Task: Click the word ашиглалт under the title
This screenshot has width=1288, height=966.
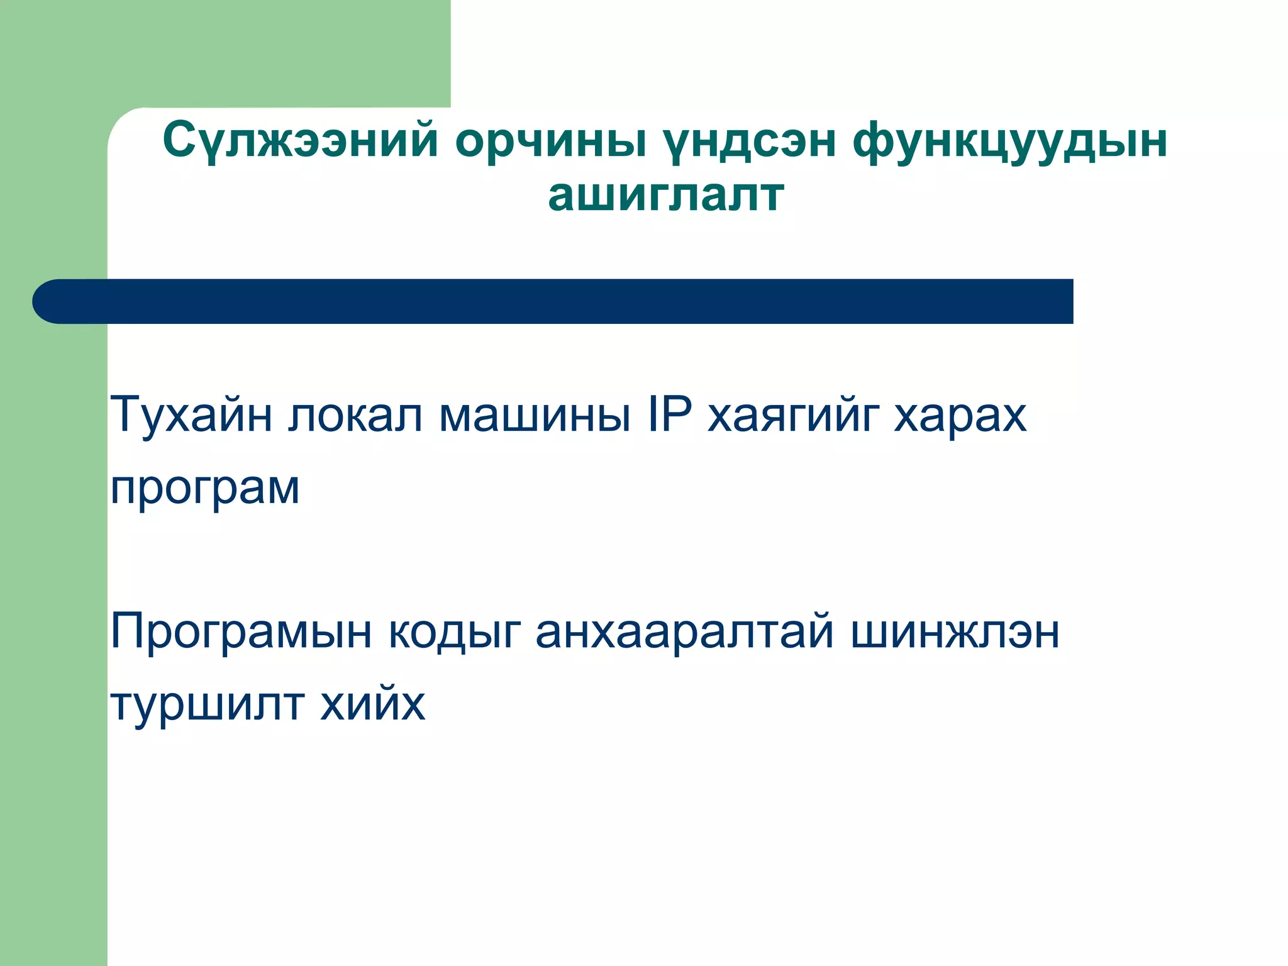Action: (666, 195)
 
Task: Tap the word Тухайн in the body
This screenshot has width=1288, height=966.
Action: (191, 415)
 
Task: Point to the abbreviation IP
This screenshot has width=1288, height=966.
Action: (669, 415)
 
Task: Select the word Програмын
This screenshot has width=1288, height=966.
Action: (241, 633)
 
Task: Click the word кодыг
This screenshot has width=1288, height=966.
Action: (455, 633)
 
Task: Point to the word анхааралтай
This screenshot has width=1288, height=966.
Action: (684, 631)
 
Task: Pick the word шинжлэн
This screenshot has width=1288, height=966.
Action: (955, 633)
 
